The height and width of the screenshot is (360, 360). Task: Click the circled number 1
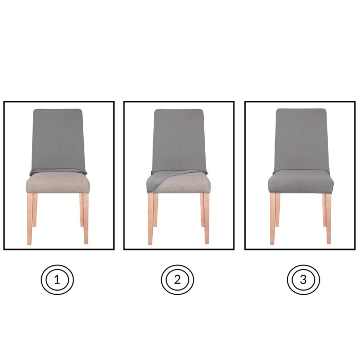click(x=57, y=280)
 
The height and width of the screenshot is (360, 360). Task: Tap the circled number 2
click(x=177, y=280)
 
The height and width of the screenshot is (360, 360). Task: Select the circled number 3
click(x=303, y=280)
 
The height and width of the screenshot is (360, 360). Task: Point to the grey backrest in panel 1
click(x=58, y=139)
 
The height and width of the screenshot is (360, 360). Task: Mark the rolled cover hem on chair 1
click(x=58, y=172)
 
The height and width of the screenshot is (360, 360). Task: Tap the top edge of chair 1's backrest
click(x=58, y=110)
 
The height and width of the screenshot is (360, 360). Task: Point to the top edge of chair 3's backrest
click(x=301, y=110)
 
